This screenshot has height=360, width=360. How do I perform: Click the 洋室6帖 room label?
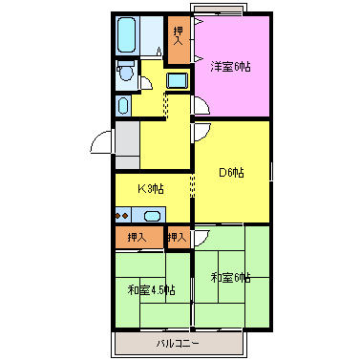click(230, 66)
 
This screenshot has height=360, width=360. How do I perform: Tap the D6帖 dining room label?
click(231, 172)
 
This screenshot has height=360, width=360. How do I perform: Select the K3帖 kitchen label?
click(150, 189)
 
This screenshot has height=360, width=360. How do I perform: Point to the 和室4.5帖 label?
click(151, 289)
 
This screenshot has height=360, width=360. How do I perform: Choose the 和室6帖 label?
click(231, 277)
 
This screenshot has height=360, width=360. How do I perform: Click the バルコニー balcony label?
click(177, 342)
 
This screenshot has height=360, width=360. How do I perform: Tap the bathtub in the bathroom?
click(127, 37)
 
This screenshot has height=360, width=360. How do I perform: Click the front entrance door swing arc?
click(100, 144)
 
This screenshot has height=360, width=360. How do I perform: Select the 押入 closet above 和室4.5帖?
click(137, 237)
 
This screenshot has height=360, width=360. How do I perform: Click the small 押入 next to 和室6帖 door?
click(176, 237)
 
